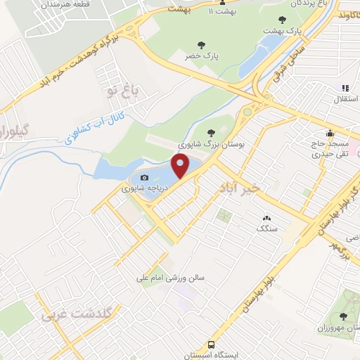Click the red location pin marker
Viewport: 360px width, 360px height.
181,167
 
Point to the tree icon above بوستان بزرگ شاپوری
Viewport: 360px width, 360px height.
212,131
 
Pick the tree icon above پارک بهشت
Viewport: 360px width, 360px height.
282,20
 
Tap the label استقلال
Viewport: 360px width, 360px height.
344,101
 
